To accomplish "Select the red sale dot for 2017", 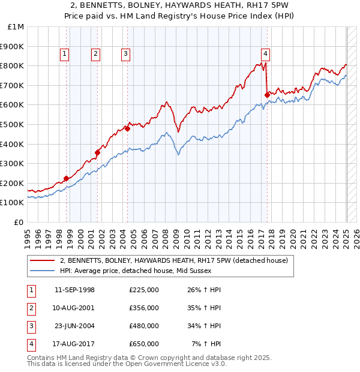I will point(267,95).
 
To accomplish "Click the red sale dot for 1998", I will point(66,178).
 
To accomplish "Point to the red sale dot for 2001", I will point(97,152).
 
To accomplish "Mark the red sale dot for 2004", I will point(128,128).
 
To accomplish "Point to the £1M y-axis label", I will point(17,27).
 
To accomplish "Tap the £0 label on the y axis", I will point(19,222).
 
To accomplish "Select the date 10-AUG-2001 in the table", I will point(74,308).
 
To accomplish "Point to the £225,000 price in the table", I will point(144,290).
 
